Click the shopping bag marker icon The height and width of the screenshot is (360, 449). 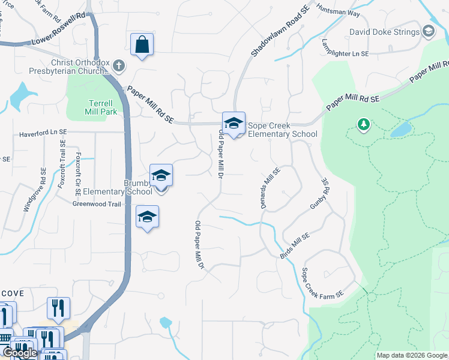click(142, 44)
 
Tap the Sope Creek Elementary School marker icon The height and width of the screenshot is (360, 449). click(234, 124)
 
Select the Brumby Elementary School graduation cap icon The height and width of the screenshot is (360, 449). click(161, 175)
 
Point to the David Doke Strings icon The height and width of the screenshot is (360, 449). click(429, 31)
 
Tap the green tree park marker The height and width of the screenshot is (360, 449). click(363, 125)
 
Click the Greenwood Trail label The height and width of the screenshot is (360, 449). click(97, 204)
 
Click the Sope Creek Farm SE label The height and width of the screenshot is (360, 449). click(322, 283)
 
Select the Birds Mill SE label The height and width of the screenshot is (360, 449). click(295, 246)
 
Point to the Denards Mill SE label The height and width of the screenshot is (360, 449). click(269, 188)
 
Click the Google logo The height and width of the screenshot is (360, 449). click(20, 353)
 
